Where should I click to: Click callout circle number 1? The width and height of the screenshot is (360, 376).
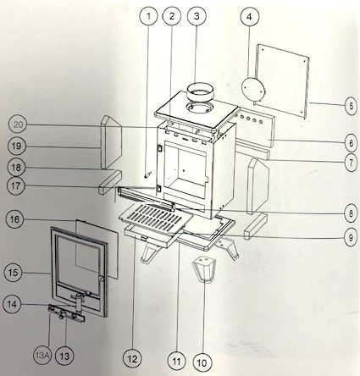[149, 16]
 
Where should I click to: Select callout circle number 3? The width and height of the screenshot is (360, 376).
[197, 16]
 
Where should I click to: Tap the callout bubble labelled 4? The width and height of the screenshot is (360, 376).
[249, 17]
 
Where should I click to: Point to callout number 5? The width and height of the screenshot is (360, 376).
[352, 106]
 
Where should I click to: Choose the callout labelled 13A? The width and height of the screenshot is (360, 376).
[42, 356]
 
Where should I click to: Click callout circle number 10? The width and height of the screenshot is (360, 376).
[202, 363]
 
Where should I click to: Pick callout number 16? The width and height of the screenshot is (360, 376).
[14, 219]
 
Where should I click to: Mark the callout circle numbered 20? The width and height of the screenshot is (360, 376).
[18, 124]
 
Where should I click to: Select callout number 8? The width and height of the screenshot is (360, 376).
[352, 213]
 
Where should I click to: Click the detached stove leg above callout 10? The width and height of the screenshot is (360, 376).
[204, 268]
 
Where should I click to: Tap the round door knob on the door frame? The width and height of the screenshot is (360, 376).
[101, 279]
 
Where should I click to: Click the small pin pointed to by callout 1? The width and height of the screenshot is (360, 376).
[148, 174]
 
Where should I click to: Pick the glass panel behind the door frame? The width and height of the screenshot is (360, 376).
[97, 249]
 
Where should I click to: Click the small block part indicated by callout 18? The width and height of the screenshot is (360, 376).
[110, 182]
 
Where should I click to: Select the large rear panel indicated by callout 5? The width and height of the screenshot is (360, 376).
[282, 81]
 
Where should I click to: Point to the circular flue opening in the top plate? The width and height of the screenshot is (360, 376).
[199, 107]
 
